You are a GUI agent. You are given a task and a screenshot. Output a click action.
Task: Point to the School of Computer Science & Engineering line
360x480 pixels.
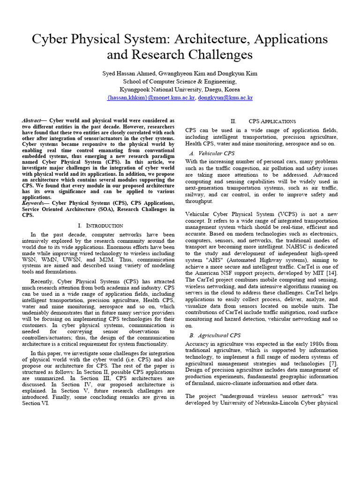coord(180,82)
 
